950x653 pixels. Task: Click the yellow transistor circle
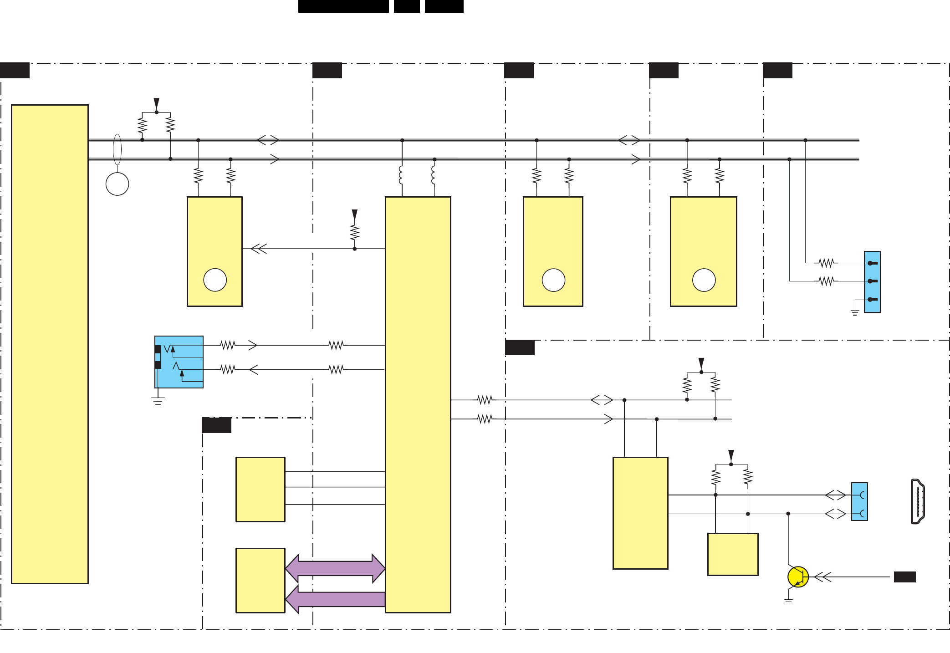(798, 577)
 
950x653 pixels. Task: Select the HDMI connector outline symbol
(917, 501)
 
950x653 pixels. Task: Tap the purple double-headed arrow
(335, 568)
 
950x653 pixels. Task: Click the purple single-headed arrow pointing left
(335, 599)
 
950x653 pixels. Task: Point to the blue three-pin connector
(872, 282)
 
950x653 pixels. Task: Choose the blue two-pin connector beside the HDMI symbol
(859, 501)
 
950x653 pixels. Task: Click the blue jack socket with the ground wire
(179, 362)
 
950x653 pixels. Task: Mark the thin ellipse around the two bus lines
(117, 149)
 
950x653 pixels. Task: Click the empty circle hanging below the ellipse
(117, 184)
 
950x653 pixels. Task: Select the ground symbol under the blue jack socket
(158, 401)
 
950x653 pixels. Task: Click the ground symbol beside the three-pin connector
(855, 312)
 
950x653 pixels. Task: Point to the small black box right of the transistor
(904, 577)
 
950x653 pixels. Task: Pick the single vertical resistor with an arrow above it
(355, 233)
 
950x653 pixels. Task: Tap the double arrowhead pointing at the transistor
(822, 577)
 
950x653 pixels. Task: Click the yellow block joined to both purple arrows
(260, 581)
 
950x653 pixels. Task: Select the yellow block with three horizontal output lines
(260, 490)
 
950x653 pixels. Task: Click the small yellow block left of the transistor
(733, 554)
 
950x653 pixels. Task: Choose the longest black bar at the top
(343, 6)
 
